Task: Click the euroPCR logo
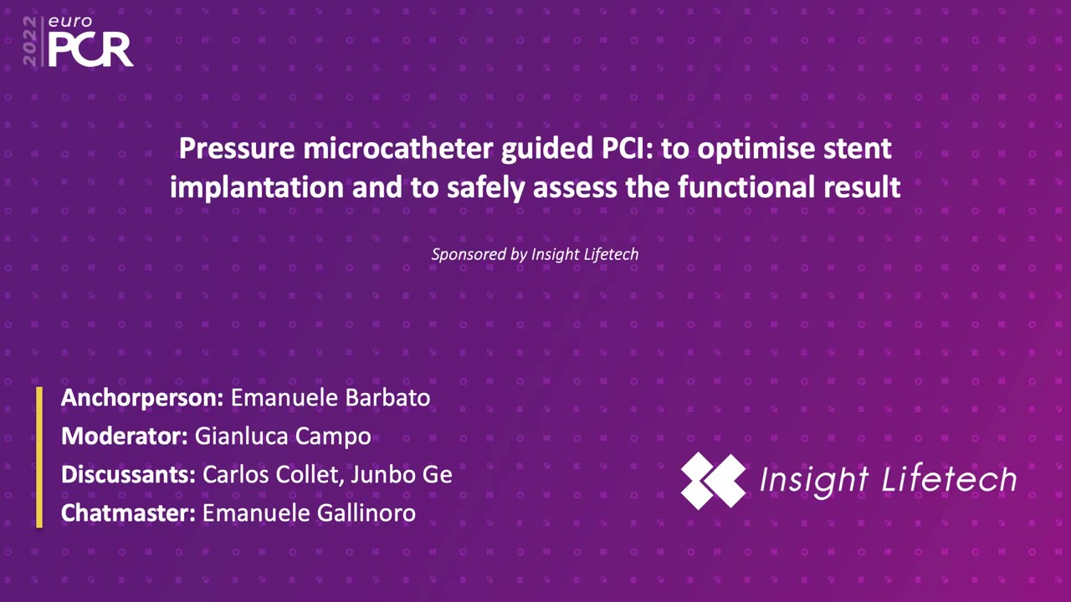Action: point(78,42)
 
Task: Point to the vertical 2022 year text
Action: point(29,42)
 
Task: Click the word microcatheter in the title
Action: point(397,148)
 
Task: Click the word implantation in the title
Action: point(257,187)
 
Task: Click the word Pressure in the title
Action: point(237,149)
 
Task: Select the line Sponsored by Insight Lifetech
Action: point(535,254)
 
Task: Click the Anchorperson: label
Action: point(142,398)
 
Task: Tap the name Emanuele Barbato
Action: point(331,398)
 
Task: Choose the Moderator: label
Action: point(125,436)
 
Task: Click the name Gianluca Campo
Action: point(283,436)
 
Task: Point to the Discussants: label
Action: point(128,475)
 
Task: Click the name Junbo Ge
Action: point(402,475)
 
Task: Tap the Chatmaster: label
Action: point(128,513)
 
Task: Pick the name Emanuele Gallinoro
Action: point(309,513)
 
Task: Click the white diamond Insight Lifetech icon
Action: point(713,481)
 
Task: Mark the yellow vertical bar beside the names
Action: point(39,457)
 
